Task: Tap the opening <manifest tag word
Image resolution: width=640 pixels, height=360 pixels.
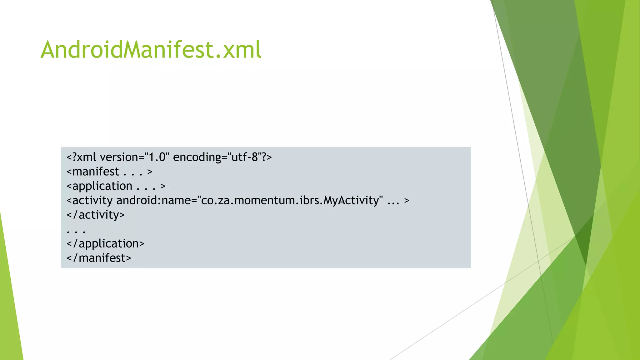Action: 93,172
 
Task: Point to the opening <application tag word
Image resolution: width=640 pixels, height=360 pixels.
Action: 99,186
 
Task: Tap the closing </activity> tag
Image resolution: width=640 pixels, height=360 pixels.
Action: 96,215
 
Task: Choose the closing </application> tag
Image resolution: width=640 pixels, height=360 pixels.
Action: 106,244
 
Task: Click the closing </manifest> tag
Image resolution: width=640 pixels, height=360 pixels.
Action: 99,258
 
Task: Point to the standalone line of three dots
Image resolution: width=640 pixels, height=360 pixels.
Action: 76,232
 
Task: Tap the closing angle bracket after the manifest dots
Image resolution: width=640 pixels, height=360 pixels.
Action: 150,172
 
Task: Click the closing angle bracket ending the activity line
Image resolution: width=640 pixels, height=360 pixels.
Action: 407,200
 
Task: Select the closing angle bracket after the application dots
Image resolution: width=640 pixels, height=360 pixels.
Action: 163,186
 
